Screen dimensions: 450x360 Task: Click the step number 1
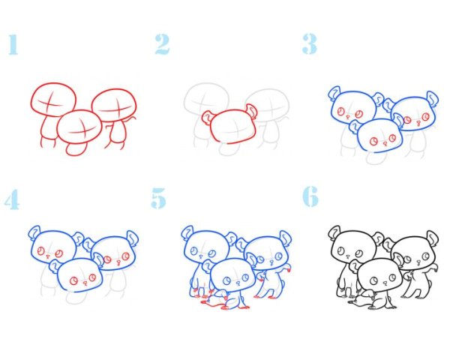13,44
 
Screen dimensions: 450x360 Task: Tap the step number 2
162,44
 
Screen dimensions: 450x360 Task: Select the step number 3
310,44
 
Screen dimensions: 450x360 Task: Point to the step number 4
12,199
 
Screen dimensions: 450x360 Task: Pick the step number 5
159,198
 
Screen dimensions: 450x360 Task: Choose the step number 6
310,196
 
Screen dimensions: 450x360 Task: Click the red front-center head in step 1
79,126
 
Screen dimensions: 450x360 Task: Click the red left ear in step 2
207,118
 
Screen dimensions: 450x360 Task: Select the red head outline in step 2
233,126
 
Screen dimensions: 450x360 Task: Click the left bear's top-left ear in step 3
334,93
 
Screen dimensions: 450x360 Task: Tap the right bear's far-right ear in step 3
433,99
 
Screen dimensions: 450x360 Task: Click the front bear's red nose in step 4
85,283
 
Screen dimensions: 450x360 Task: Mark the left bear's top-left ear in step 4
34,232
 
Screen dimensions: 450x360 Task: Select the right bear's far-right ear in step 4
132,238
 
